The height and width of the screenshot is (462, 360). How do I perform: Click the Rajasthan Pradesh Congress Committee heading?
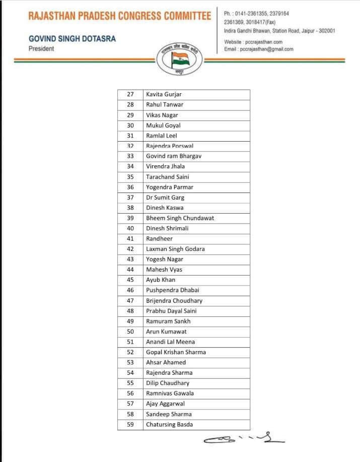(120, 16)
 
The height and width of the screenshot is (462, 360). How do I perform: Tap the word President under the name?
(41, 49)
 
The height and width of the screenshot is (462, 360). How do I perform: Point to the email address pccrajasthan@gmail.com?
(259, 49)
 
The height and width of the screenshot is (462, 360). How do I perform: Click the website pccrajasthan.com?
(253, 42)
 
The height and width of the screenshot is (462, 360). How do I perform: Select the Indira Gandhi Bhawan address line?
(279, 31)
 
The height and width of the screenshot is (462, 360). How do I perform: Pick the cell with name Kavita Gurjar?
(164, 94)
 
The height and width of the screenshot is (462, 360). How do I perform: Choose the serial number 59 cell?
(130, 424)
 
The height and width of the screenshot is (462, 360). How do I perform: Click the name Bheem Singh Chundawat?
(180, 218)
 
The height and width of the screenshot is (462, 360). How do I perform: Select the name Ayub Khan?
(161, 280)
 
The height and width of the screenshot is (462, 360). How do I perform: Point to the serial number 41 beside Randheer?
(130, 239)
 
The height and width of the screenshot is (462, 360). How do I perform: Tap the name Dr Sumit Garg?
(165, 197)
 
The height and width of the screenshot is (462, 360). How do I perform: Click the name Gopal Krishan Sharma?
(176, 352)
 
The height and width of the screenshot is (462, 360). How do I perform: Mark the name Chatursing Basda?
(169, 424)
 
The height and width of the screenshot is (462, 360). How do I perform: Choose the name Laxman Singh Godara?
(175, 249)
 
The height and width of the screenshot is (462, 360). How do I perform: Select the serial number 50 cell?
(130, 332)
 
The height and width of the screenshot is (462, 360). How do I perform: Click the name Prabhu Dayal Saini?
(171, 311)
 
